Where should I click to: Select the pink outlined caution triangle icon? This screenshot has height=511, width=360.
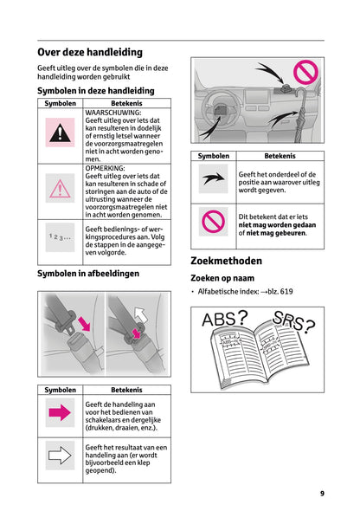click(x=60, y=189)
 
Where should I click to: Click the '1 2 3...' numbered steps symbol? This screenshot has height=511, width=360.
click(x=60, y=235)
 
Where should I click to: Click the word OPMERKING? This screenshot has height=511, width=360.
click(x=106, y=168)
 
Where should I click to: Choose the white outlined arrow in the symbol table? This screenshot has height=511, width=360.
click(x=60, y=456)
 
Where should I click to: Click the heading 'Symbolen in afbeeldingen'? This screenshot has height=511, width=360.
click(x=88, y=274)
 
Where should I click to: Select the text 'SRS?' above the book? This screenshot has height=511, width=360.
click(x=292, y=324)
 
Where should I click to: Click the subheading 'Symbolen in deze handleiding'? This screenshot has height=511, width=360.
click(x=95, y=91)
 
